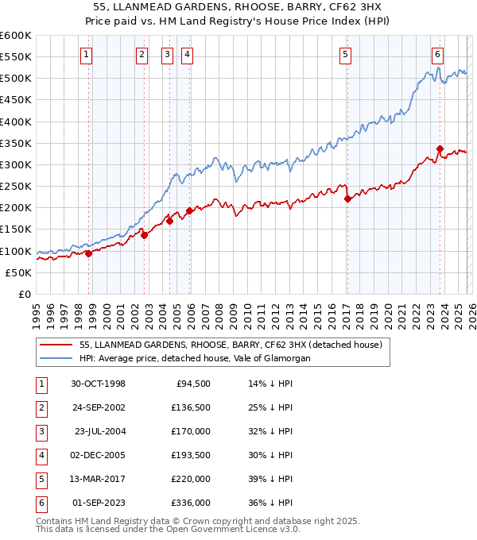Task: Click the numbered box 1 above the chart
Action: pyautogui.click(x=86, y=55)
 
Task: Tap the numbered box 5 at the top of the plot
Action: pyautogui.click(x=346, y=55)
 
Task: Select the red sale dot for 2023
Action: pyautogui.click(x=440, y=148)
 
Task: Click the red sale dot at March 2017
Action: pyautogui.click(x=347, y=199)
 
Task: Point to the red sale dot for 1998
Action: pyautogui.click(x=89, y=253)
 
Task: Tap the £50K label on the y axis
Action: pyautogui.click(x=19, y=272)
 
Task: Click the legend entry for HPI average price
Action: pyautogui.click(x=195, y=358)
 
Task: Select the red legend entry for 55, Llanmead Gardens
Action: pyautogui.click(x=231, y=345)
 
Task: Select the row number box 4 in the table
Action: pyautogui.click(x=40, y=456)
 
